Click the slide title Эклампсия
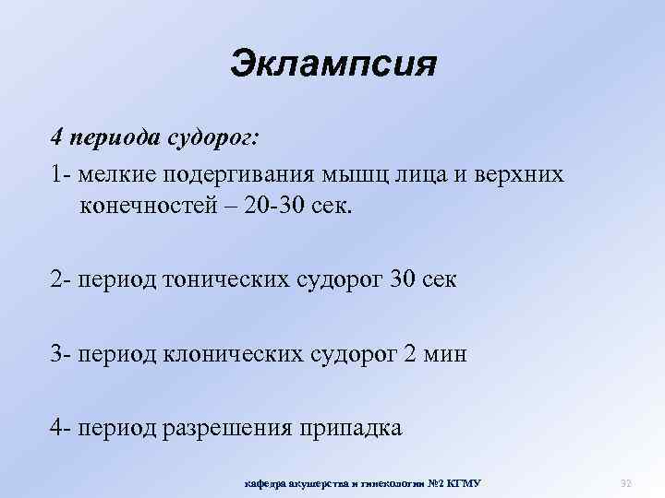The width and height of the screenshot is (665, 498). point(332,65)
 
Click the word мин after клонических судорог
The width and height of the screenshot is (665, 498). point(447,353)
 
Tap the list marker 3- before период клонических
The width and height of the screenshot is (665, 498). point(62,353)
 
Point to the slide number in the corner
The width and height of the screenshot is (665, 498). point(624,482)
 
